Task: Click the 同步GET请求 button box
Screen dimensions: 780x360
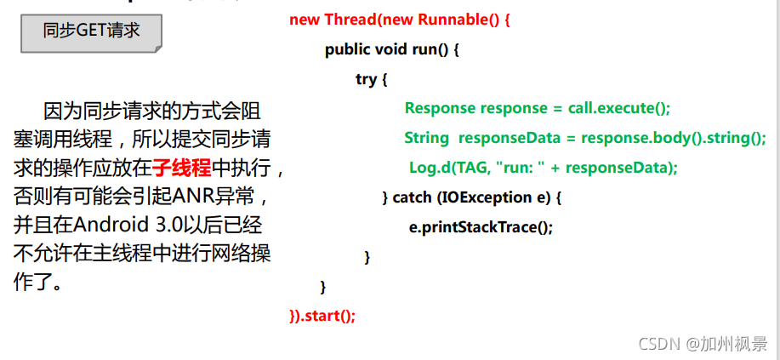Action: point(91,32)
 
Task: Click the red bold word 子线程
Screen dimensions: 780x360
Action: point(181,168)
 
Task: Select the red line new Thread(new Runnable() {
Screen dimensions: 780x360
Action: point(400,20)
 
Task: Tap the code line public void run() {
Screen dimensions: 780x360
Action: point(392,49)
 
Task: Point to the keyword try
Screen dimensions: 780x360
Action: point(366,79)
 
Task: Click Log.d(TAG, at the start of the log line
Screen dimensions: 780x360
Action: point(450,168)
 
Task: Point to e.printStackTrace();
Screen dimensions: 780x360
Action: point(481,227)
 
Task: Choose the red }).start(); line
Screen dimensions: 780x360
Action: point(322,316)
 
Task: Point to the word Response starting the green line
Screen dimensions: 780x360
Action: point(440,108)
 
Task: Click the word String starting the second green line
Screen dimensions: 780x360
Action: point(426,138)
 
